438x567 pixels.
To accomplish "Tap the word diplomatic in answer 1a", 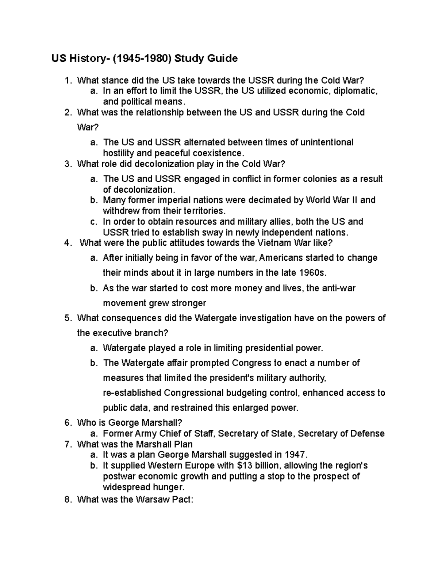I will [356, 91].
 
